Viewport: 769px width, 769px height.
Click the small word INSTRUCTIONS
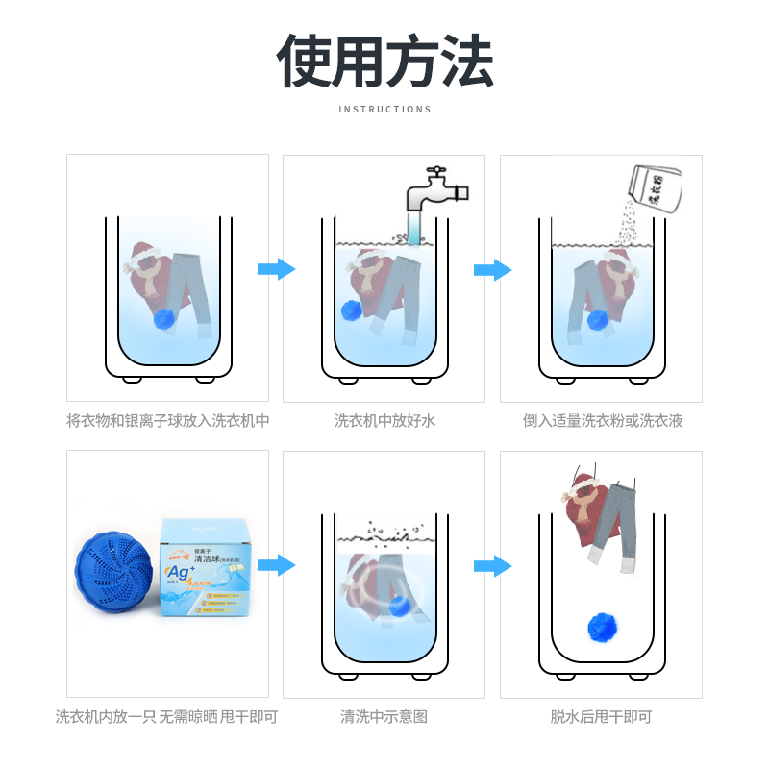coord(384,110)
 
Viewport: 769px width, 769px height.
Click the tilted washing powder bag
coord(653,185)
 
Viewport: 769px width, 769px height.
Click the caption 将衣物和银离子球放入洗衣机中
coord(168,421)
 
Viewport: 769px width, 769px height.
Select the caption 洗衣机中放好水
coord(384,421)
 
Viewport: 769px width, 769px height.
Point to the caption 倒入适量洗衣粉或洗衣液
coord(603,421)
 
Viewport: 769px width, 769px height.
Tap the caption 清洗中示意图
coord(384,717)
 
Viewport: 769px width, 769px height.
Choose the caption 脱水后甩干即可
coord(601,717)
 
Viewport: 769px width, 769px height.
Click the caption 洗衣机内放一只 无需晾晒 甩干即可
coord(166,717)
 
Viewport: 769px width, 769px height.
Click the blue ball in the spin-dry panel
coord(602,627)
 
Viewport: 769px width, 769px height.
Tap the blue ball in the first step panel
coord(166,319)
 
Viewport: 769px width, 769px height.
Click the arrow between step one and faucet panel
coord(276,269)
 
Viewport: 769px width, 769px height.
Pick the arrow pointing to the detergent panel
coord(492,269)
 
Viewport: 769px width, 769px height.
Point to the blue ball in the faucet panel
coord(352,310)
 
